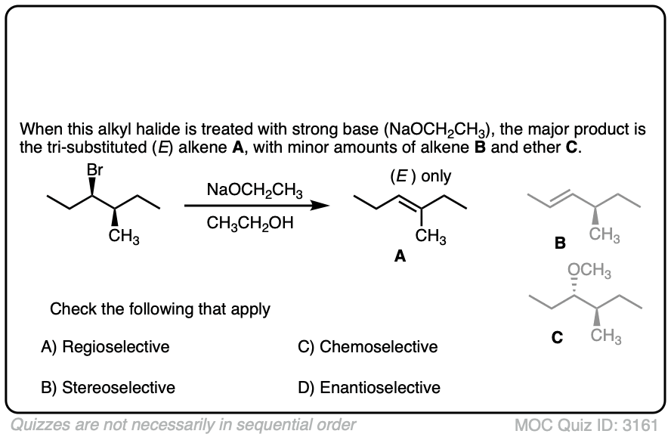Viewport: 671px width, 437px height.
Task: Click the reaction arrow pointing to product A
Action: [x=257, y=204]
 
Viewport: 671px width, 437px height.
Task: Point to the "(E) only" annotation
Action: [x=420, y=176]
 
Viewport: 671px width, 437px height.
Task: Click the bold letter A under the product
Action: [x=400, y=257]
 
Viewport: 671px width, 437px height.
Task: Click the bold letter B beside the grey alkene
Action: [x=559, y=243]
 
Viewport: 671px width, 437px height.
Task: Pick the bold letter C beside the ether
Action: [x=556, y=338]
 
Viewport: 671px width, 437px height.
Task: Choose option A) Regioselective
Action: [x=105, y=347]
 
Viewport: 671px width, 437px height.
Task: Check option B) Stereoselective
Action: [x=108, y=388]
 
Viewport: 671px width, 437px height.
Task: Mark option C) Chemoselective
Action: [x=368, y=347]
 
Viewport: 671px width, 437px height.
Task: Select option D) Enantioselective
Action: [x=370, y=388]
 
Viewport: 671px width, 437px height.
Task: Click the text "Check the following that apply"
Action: [x=160, y=308]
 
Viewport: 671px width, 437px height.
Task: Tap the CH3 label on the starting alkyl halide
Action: [x=123, y=237]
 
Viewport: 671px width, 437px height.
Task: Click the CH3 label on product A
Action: [x=430, y=237]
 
